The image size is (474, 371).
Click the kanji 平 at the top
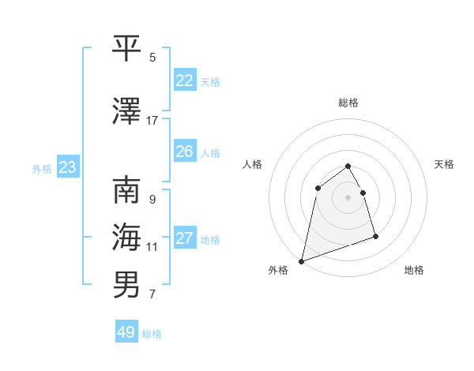(128, 48)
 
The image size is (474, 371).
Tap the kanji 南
(128, 190)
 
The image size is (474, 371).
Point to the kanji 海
(128, 236)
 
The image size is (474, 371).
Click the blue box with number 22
(185, 81)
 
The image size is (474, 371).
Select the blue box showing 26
(185, 152)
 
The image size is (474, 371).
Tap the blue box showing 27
(185, 238)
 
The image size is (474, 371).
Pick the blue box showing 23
(67, 167)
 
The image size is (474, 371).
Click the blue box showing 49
(126, 332)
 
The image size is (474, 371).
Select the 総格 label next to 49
(152, 334)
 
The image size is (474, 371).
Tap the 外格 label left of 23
(42, 169)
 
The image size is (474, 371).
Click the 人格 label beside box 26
(210, 153)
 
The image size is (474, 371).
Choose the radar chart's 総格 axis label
(348, 103)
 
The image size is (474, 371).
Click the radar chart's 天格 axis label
(445, 164)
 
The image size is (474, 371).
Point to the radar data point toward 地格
(375, 236)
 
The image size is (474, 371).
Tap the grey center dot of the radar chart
(348, 197)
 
